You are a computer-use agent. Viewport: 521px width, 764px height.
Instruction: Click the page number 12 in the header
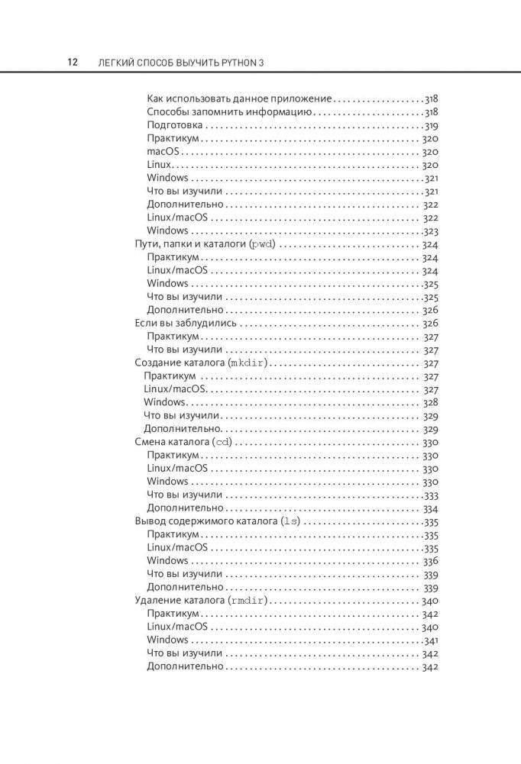72,62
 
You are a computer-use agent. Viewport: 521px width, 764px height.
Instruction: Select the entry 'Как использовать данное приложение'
239,98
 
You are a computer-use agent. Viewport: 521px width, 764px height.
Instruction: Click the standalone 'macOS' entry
163,151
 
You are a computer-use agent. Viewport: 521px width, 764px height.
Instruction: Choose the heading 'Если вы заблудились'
185,323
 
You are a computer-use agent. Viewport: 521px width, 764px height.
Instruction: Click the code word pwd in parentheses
262,244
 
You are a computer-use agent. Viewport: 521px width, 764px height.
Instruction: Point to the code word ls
291,521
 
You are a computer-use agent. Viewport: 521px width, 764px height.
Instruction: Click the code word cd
222,442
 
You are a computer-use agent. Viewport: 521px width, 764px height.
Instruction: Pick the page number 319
431,125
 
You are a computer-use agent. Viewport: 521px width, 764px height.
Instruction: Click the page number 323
431,230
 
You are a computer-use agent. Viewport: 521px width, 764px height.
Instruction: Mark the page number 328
431,402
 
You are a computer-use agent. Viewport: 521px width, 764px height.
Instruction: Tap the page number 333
431,495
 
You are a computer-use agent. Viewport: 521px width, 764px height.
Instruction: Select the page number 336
431,561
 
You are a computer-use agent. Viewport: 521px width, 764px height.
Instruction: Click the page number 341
431,640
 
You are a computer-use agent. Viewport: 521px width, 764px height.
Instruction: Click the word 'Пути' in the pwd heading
146,244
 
